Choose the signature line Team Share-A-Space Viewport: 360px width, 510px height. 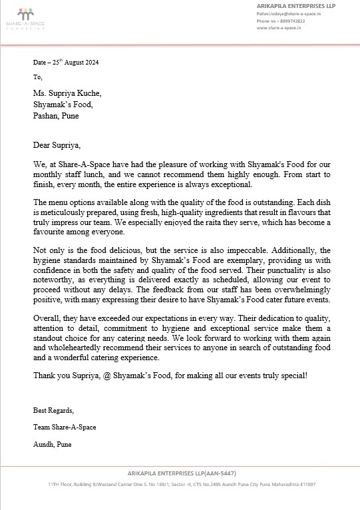(x=65, y=427)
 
